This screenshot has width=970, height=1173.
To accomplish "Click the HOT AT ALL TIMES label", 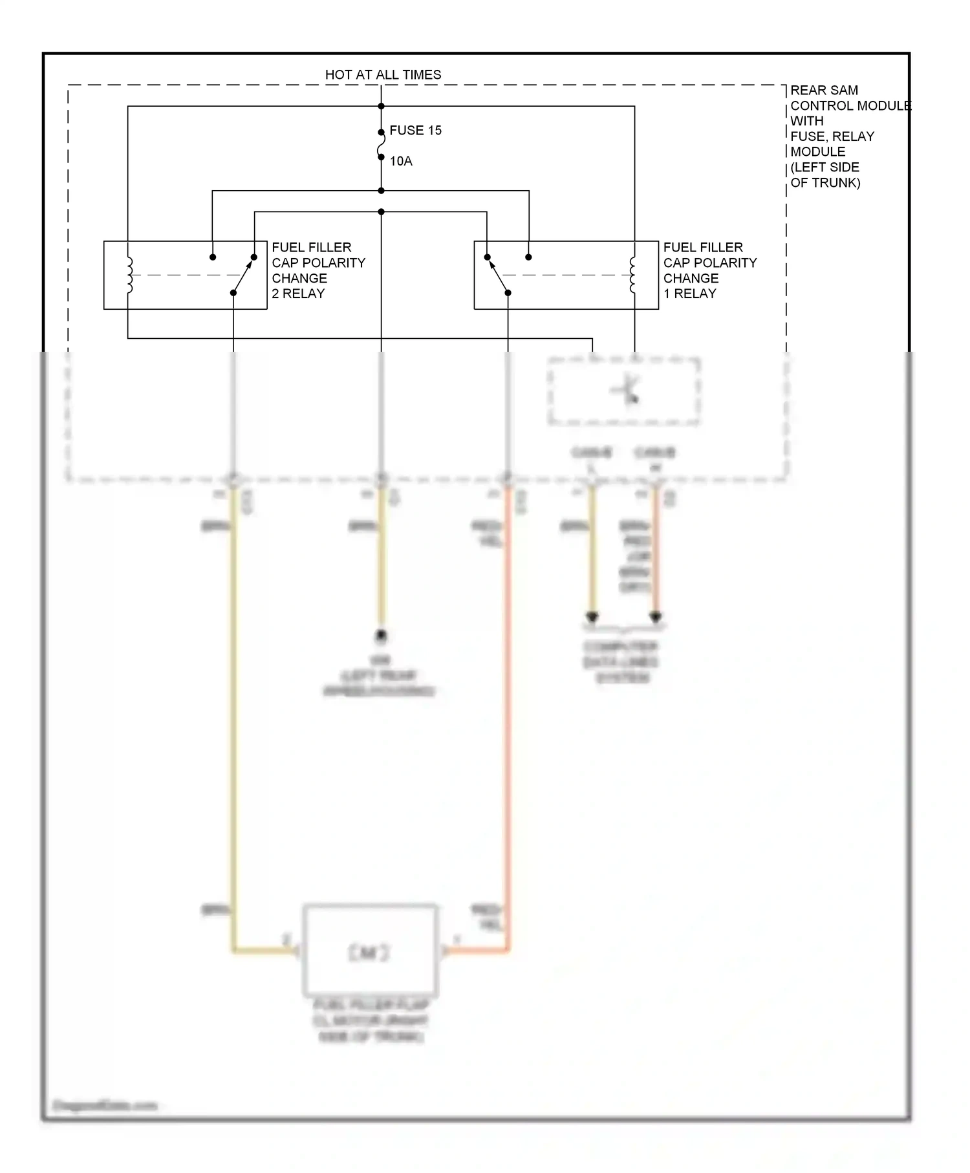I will point(383,75).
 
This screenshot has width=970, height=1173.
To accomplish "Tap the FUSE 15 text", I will point(415,131).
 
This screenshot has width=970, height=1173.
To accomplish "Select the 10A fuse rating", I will point(401,161).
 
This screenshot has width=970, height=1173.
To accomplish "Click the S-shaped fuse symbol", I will point(381,145).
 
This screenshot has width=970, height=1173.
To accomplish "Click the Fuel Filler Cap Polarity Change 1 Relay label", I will point(709,270).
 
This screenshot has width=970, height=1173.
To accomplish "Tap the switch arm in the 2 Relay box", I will point(243,275).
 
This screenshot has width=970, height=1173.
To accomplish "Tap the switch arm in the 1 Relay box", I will point(498,275).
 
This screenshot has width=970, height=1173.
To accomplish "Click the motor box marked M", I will point(370,951).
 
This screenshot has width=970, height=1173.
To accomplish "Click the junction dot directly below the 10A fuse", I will point(381,191).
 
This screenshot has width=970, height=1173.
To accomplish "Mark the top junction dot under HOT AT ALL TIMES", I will point(381,106).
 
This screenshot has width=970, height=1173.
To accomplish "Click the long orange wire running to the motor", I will point(509,711).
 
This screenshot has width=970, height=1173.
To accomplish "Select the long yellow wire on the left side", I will point(233,711).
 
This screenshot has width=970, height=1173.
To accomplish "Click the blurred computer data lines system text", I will point(621,662).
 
